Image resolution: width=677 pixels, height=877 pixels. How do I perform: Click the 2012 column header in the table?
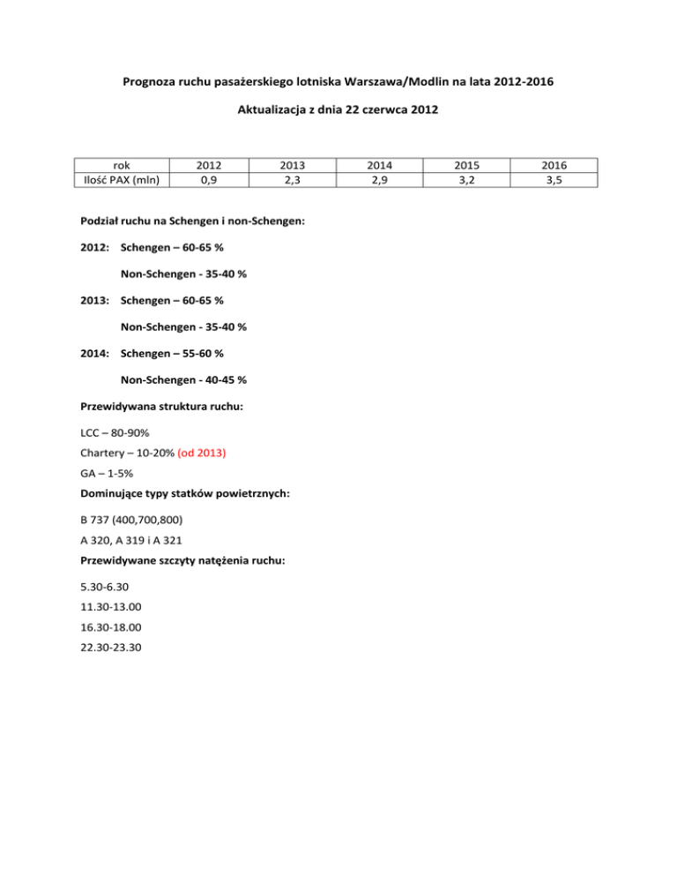209,165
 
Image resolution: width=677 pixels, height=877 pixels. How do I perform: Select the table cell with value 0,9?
209,179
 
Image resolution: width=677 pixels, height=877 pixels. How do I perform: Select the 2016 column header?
554,165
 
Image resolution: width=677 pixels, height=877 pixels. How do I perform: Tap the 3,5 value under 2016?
554,179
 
